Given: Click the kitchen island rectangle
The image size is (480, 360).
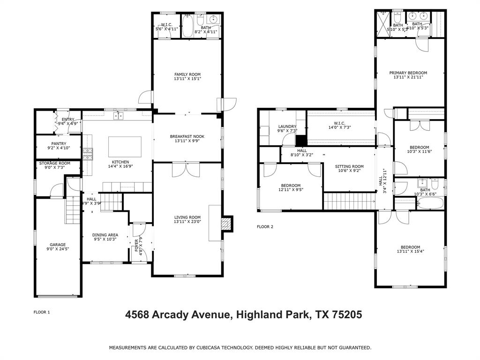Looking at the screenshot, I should [125, 147].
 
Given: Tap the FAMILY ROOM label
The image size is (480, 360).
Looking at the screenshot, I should [187, 75].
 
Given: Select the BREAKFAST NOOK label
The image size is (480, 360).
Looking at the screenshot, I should [187, 136].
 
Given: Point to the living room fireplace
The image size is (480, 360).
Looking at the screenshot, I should [227, 224].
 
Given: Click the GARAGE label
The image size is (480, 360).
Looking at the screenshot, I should [58, 245].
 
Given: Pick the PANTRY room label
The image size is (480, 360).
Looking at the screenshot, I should [59, 143].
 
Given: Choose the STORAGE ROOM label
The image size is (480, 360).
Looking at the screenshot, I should [54, 163].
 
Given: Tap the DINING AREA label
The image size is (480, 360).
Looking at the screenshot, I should [105, 235].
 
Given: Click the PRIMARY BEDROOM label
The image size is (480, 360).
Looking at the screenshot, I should [408, 73].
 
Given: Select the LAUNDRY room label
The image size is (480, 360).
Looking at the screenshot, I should [287, 126].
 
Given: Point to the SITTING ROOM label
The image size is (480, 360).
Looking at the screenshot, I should [349, 166].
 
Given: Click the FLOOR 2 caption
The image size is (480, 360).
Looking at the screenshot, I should [265, 227].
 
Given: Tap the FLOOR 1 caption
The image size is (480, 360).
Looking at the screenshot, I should [42, 312].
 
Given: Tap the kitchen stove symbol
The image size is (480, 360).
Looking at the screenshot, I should [88, 153].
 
